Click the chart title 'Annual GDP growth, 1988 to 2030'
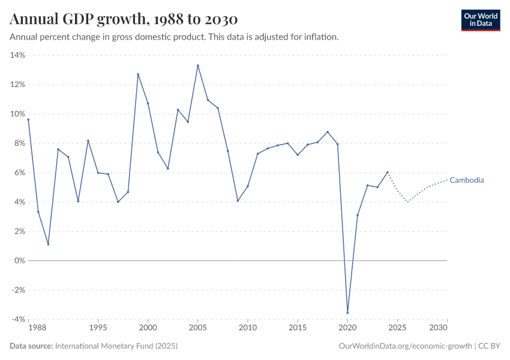pos(124,20)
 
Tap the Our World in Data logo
pos(480,20)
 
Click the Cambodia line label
pos(466,180)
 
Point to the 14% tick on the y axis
pos(17,55)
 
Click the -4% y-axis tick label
pos(17,320)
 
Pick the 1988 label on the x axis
pos(37,328)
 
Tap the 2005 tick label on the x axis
pos(197,328)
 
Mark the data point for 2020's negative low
pos(347,313)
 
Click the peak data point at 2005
pos(197,65)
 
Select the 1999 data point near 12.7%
pos(138,74)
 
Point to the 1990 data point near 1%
pos(48,244)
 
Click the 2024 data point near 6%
pos(388,172)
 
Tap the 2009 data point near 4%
pos(238,200)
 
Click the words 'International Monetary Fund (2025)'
pos(116,346)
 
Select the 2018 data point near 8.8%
pos(328,132)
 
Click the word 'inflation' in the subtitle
pos(321,37)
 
